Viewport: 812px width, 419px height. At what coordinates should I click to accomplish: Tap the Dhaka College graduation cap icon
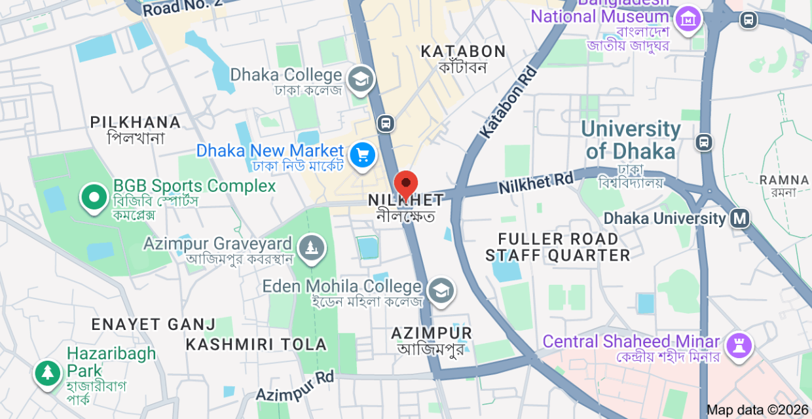click(359, 80)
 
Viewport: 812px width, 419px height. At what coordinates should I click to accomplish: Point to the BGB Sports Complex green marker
click(94, 197)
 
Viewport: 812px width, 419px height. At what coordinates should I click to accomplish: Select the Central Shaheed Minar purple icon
click(738, 344)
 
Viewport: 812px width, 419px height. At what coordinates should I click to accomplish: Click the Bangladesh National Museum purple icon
click(688, 20)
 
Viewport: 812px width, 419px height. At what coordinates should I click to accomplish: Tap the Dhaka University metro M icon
click(740, 218)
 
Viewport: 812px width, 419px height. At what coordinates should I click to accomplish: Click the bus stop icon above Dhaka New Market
click(386, 122)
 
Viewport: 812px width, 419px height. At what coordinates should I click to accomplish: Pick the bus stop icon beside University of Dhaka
click(704, 141)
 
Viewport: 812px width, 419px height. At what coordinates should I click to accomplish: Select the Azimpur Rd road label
click(295, 386)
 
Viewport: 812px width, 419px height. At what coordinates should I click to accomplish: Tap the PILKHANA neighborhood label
click(136, 122)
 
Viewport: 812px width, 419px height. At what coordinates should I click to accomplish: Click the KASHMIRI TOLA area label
click(256, 344)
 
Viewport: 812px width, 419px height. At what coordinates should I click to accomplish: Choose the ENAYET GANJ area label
click(153, 324)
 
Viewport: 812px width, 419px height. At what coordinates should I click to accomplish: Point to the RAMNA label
click(784, 180)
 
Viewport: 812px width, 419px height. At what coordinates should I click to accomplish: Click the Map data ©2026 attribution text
click(758, 410)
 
